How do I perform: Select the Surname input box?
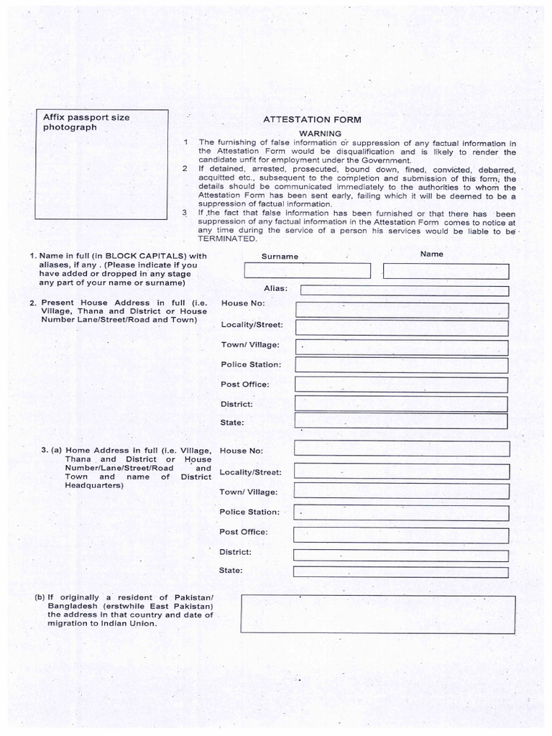coord(308,271)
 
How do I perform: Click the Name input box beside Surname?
coord(446,271)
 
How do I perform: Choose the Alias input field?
coord(404,290)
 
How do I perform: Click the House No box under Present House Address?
coord(401,309)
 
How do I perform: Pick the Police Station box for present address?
coord(401,364)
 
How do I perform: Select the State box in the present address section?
coord(401,421)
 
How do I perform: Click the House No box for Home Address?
coord(401,449)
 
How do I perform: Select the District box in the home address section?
coord(401,554)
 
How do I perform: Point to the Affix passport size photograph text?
coord(86,122)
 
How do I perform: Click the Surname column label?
coord(280,257)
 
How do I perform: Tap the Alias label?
coord(276,288)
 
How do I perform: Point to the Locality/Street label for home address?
coord(250,473)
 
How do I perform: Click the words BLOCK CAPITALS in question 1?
coord(144,255)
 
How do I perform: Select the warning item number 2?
coord(185,168)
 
